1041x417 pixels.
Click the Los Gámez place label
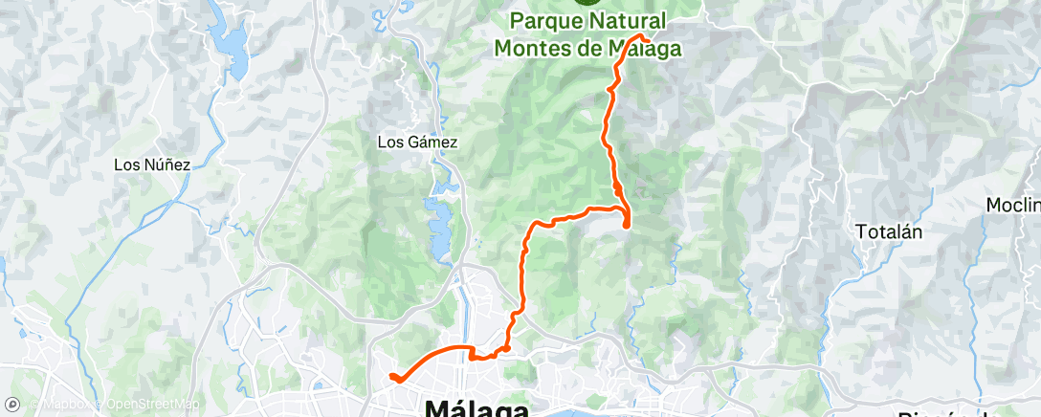(x=418, y=143)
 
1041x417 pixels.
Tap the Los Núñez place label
(x=152, y=165)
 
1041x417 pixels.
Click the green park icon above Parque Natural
(x=585, y=3)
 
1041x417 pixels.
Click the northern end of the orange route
(x=649, y=39)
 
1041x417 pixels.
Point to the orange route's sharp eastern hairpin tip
(x=627, y=225)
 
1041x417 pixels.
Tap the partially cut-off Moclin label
(x=1014, y=206)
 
